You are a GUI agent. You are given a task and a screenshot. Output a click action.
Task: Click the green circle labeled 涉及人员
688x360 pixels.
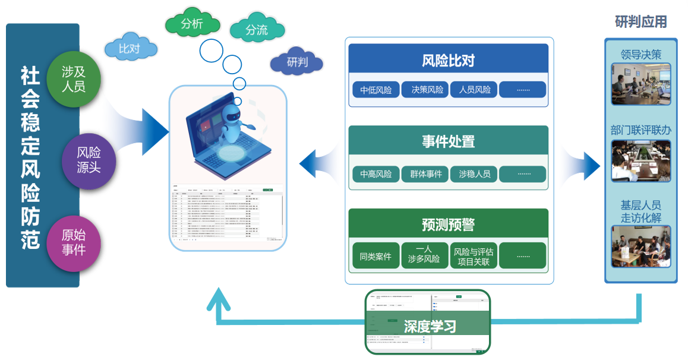74,79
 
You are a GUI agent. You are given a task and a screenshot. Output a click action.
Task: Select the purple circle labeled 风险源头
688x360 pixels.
89,160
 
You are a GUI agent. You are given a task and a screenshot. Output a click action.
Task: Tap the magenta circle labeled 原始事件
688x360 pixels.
74,242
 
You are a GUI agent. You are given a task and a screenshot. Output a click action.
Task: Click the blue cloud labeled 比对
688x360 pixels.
130,49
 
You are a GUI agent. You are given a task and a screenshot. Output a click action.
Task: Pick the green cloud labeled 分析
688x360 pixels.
192,24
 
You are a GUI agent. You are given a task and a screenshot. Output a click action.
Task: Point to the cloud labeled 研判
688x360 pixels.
296,62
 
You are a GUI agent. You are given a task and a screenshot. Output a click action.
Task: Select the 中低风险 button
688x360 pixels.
375,90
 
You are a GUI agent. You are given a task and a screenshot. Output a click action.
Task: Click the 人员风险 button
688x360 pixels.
474,90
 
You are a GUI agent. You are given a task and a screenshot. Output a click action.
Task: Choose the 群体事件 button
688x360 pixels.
425,174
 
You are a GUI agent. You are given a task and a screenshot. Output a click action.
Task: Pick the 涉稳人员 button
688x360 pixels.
474,174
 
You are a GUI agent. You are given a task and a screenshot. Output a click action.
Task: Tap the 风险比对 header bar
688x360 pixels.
448,59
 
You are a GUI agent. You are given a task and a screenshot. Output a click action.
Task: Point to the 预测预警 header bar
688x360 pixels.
448,224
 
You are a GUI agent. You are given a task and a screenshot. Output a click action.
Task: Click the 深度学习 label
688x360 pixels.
430,326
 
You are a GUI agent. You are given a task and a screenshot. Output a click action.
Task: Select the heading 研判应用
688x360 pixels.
640,23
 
